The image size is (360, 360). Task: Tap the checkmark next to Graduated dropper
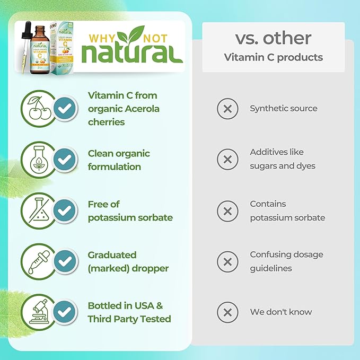tap(65, 262)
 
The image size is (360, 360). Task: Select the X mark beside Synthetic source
tap(227, 109)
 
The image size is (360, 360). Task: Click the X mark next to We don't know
tap(227, 312)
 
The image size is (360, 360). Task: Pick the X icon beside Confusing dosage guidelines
tap(227, 261)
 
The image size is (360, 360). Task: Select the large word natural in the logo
tap(132, 53)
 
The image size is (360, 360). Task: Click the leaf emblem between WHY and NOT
tap(130, 35)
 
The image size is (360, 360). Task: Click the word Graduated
tap(112, 254)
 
